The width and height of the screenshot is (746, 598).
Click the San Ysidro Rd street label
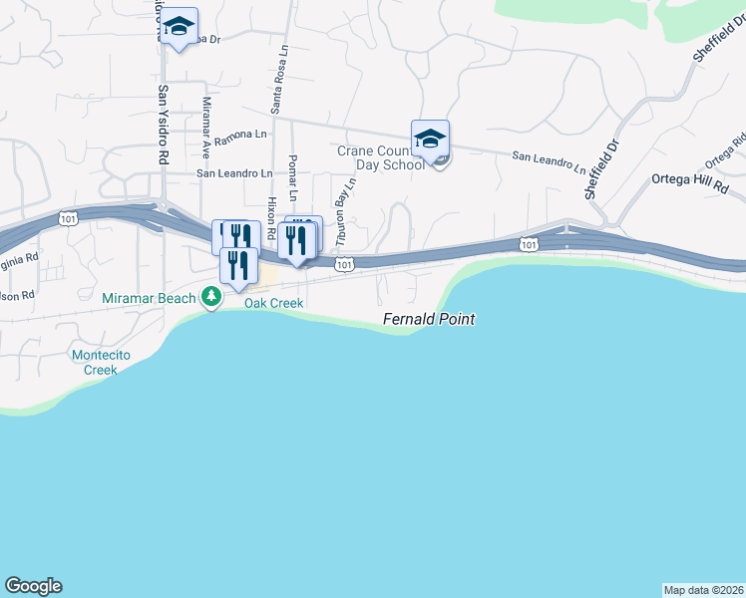163,124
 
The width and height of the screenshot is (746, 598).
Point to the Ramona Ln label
240,134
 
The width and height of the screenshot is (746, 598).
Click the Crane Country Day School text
380,157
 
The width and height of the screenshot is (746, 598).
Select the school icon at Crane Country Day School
430,138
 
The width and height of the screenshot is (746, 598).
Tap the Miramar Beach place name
150,297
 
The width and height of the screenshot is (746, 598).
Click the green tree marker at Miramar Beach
210,296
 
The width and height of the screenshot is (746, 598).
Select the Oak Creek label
273,303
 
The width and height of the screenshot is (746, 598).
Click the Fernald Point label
429,320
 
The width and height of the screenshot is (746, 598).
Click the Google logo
33,586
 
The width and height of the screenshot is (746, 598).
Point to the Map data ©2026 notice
703,589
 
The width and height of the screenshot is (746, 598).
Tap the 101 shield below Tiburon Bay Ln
343,264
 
